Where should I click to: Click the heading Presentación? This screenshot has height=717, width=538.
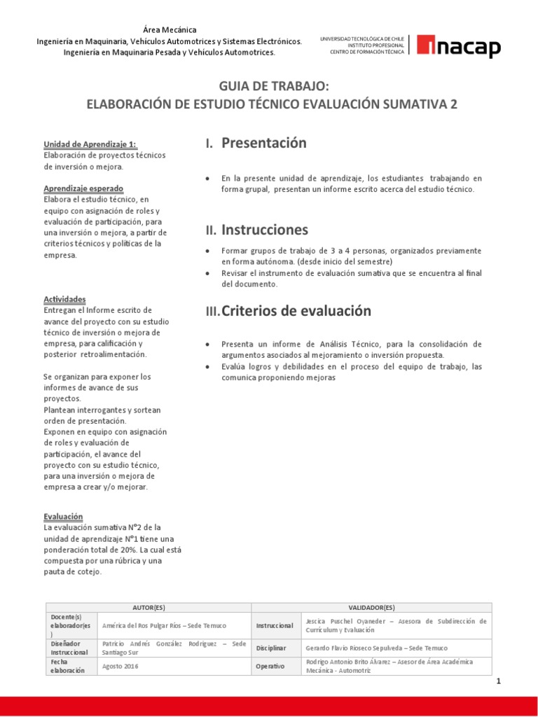click(264, 144)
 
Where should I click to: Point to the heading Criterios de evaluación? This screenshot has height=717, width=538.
click(296, 311)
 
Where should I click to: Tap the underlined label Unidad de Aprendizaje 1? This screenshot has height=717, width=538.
click(90, 144)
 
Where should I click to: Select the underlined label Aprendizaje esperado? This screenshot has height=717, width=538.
click(83, 188)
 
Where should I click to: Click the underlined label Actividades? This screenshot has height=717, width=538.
click(64, 299)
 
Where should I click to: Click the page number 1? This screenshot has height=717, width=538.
click(498, 681)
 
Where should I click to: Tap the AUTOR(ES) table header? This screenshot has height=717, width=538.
click(149, 608)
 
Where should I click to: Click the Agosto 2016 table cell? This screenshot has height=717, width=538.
click(120, 666)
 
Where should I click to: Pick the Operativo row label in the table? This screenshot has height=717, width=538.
click(270, 666)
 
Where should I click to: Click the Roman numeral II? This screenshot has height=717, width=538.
click(211, 230)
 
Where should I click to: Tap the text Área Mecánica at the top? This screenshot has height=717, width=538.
click(170, 29)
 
